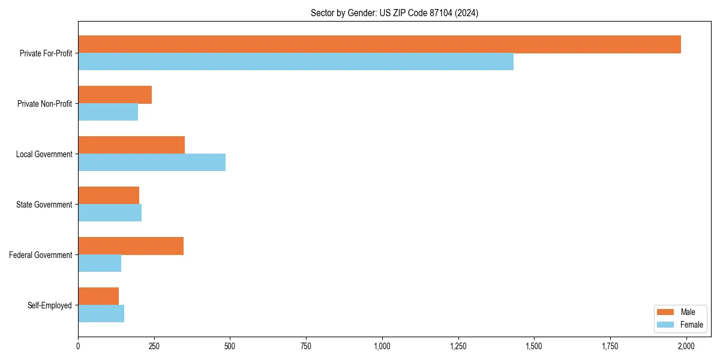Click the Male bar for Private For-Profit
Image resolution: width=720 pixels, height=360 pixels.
[379, 44]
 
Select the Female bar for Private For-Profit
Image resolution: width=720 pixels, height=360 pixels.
[296, 62]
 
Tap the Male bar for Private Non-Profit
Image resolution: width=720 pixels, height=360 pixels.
[115, 95]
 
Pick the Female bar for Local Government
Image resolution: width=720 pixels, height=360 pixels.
[152, 163]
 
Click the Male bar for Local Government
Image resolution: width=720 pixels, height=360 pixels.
[131, 145]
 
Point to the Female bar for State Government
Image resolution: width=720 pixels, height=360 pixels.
[110, 213]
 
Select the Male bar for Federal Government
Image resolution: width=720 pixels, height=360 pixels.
[131, 246]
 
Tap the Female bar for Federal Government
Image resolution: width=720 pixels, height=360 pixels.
[100, 263]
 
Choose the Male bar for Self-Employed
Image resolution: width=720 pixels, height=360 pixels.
[98, 296]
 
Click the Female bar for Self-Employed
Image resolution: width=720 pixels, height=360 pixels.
[101, 314]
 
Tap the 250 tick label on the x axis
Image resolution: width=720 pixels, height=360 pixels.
[154, 346]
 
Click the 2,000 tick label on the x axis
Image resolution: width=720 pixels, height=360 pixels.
[686, 346]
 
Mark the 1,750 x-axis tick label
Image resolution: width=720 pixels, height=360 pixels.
[610, 346]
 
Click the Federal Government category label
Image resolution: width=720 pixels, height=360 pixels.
[40, 255]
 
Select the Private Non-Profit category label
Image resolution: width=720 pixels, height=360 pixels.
[44, 104]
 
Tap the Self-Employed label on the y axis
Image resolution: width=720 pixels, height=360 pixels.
[49, 305]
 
